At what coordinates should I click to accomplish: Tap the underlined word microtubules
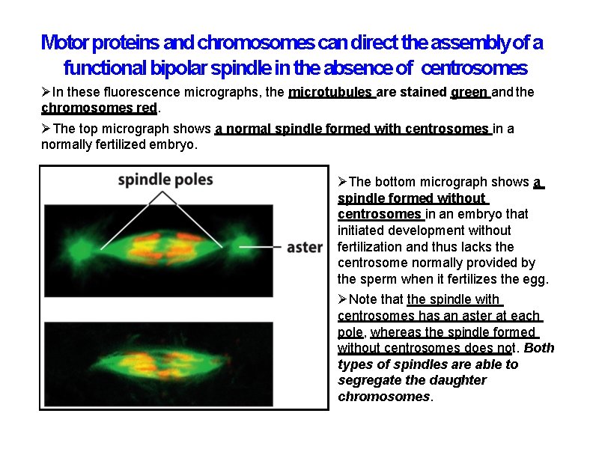[x=330, y=93]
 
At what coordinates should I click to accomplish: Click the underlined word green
[x=469, y=93]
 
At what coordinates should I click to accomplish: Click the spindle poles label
[x=165, y=180]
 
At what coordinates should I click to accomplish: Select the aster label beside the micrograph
[x=304, y=246]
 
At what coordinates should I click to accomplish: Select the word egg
[x=535, y=279]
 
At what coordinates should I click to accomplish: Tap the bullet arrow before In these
[x=46, y=93]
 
